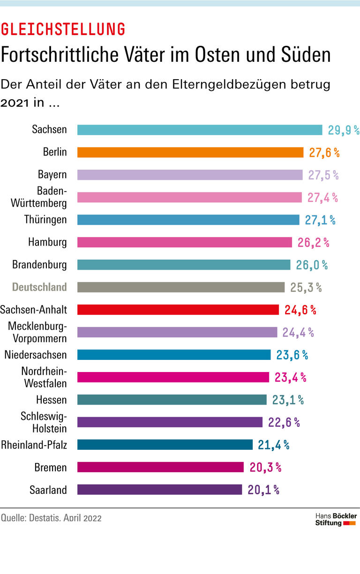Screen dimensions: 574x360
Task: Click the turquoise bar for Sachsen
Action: pyautogui.click(x=200, y=130)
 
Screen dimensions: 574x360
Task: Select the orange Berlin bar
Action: pyautogui.click(x=190, y=152)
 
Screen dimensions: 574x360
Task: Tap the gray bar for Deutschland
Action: pyautogui.click(x=181, y=287)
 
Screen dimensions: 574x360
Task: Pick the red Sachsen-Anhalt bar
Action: pyautogui.click(x=178, y=310)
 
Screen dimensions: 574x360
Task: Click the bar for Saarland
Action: pyautogui.click(x=159, y=490)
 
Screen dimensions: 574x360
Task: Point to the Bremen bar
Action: pyautogui.click(x=160, y=467)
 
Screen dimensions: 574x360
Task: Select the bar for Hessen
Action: pyautogui.click(x=172, y=400)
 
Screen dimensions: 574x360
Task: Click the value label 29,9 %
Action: pyautogui.click(x=343, y=130)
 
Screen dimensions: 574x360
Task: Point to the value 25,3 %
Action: pyautogui.click(x=306, y=288)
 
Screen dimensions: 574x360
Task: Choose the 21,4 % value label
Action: pyautogui.click(x=273, y=445)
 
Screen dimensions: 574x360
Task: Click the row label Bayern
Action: pyautogui.click(x=52, y=175)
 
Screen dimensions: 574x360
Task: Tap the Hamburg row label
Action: pyautogui.click(x=47, y=242)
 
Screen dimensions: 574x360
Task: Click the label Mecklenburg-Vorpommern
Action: pyautogui.click(x=37, y=332)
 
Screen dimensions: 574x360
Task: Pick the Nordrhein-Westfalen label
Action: pyautogui.click(x=44, y=377)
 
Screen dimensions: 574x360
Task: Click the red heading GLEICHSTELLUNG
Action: pyautogui.click(x=63, y=30)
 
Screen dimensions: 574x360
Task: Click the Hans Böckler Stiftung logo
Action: pyautogui.click(x=336, y=519)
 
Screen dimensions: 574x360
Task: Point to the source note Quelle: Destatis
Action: pyautogui.click(x=51, y=518)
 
